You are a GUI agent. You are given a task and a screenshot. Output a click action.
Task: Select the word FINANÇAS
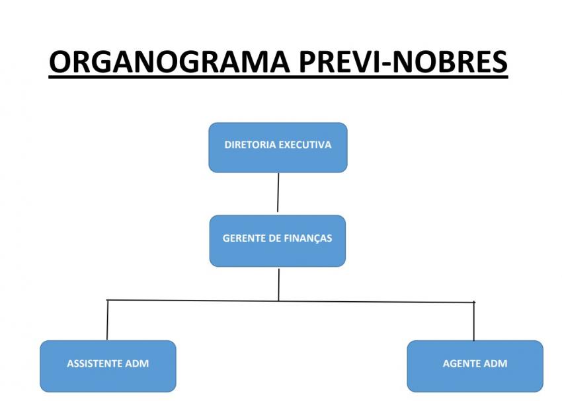click(x=308, y=238)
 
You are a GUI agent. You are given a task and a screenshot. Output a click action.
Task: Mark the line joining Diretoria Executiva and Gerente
click(x=278, y=192)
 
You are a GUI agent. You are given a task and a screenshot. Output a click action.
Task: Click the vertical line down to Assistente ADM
click(x=107, y=320)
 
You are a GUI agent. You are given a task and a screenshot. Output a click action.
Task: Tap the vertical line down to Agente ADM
click(x=474, y=322)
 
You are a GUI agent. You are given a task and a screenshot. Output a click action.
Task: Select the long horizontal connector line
click(x=198, y=301)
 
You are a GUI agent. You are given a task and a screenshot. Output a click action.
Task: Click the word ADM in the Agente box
click(x=496, y=363)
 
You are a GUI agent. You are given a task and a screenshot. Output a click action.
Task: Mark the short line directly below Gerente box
click(x=278, y=283)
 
